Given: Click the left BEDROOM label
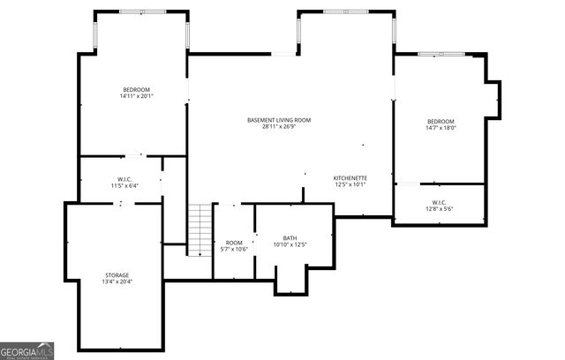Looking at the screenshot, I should pyautogui.click(x=136, y=90).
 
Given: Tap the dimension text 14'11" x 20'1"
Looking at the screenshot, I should pyautogui.click(x=136, y=97).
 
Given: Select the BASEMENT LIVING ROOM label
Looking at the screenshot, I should pyautogui.click(x=279, y=120).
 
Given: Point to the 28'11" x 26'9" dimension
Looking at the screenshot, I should pyautogui.click(x=279, y=126).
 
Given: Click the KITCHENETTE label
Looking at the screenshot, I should pyautogui.click(x=350, y=178).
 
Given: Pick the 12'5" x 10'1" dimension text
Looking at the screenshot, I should pyautogui.click(x=350, y=185).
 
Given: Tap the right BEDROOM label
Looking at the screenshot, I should pyautogui.click(x=441, y=122).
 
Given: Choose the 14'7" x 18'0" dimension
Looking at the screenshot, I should pyautogui.click(x=441, y=128).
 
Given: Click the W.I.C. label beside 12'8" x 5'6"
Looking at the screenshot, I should pyautogui.click(x=439, y=202).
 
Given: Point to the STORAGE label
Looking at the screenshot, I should pyautogui.click(x=117, y=275).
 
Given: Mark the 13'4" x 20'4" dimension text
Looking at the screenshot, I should pyautogui.click(x=117, y=282).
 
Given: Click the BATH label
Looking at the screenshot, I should pyautogui.click(x=290, y=237).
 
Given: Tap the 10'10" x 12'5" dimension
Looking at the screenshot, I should pyautogui.click(x=290, y=244).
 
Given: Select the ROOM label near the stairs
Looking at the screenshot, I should pyautogui.click(x=234, y=243).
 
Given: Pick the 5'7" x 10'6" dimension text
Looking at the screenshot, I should pyautogui.click(x=234, y=249).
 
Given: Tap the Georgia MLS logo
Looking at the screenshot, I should pyautogui.click(x=27, y=350).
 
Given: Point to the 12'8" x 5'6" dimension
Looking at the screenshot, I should pyautogui.click(x=439, y=209).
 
